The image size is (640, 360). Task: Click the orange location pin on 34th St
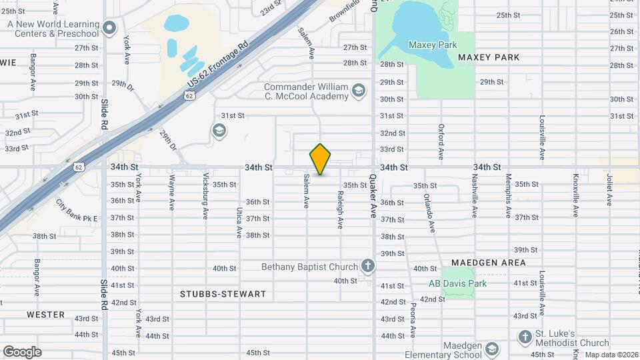pos(321,159)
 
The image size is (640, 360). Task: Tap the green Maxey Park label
pos(432,45)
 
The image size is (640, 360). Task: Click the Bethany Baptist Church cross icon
pos(367,267)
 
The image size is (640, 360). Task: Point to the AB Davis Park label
pos(457,283)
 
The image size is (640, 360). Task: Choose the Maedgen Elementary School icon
pos(492,349)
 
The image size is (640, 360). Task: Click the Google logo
pos(22,351)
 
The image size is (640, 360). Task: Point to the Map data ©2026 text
pos(611,355)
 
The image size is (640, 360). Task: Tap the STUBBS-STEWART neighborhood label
pos(223,294)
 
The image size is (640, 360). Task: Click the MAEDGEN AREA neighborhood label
pos(488,263)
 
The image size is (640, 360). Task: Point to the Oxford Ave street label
pos(441,141)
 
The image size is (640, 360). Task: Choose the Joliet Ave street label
pos(609,191)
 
